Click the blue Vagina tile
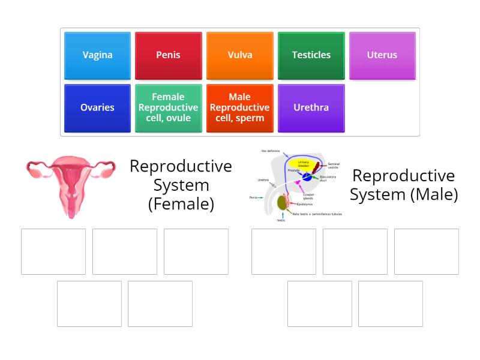click(97, 55)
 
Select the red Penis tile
click(168, 55)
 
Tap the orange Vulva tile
click(240, 55)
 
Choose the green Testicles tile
click(311, 55)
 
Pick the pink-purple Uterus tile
click(382, 55)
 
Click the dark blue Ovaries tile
click(97, 108)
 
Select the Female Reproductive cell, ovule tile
click(168, 108)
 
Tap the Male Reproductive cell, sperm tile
click(240, 108)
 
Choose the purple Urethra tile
click(311, 108)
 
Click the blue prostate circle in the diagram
click(307, 176)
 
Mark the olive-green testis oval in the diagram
click(281, 203)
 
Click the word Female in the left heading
click(181, 204)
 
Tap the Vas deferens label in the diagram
click(270, 151)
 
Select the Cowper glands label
click(308, 196)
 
